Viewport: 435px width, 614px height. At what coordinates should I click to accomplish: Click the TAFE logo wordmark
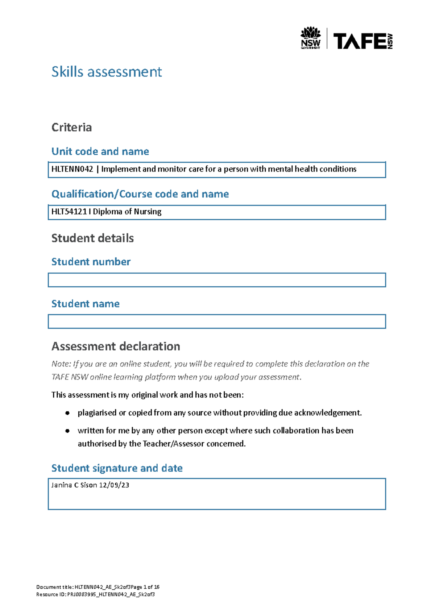pyautogui.click(x=360, y=41)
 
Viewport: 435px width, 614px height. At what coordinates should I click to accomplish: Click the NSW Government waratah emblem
pyautogui.click(x=311, y=33)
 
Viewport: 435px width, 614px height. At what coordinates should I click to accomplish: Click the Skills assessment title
pyautogui.click(x=107, y=72)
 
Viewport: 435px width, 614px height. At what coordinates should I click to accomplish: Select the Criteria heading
pyautogui.click(x=71, y=127)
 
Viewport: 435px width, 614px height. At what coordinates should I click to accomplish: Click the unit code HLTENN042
pyautogui.click(x=72, y=169)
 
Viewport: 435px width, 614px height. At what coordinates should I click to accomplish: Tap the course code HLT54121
pyautogui.click(x=69, y=212)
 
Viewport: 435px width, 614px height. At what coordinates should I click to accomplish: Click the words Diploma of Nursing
pyautogui.click(x=127, y=212)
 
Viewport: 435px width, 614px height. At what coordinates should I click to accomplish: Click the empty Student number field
pyautogui.click(x=217, y=280)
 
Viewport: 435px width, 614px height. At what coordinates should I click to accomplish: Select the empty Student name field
pyautogui.click(x=217, y=321)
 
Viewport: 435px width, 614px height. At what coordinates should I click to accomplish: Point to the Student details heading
pyautogui.click(x=92, y=238)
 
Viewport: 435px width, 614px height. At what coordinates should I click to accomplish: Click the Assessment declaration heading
pyautogui.click(x=116, y=346)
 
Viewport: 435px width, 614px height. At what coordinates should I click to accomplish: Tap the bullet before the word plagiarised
pyautogui.click(x=67, y=413)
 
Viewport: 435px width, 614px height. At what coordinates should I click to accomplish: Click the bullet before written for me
pyautogui.click(x=67, y=431)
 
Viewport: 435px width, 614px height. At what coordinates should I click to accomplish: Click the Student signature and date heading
pyautogui.click(x=117, y=468)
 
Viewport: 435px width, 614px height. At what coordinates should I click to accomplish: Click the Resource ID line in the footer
pyautogui.click(x=95, y=594)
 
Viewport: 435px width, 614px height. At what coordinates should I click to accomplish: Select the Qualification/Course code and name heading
pyautogui.click(x=140, y=194)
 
